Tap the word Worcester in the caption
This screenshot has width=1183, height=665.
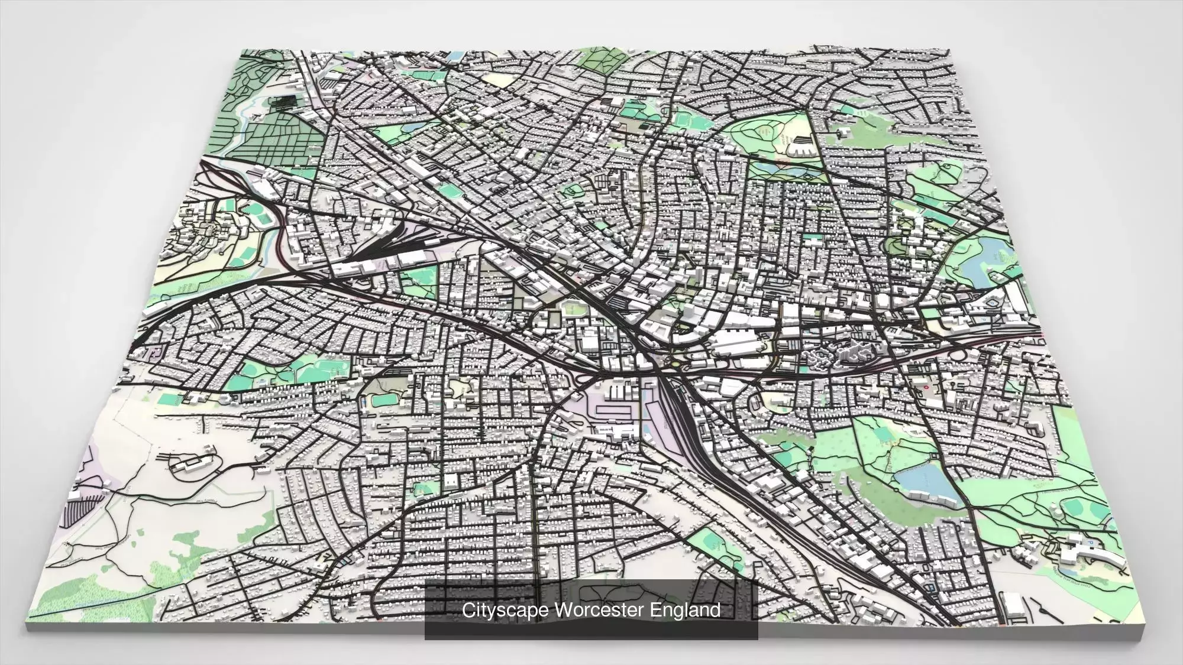pos(597,610)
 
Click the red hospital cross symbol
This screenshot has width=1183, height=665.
pos(926,387)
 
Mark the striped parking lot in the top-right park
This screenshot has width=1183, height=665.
pos(801,142)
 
